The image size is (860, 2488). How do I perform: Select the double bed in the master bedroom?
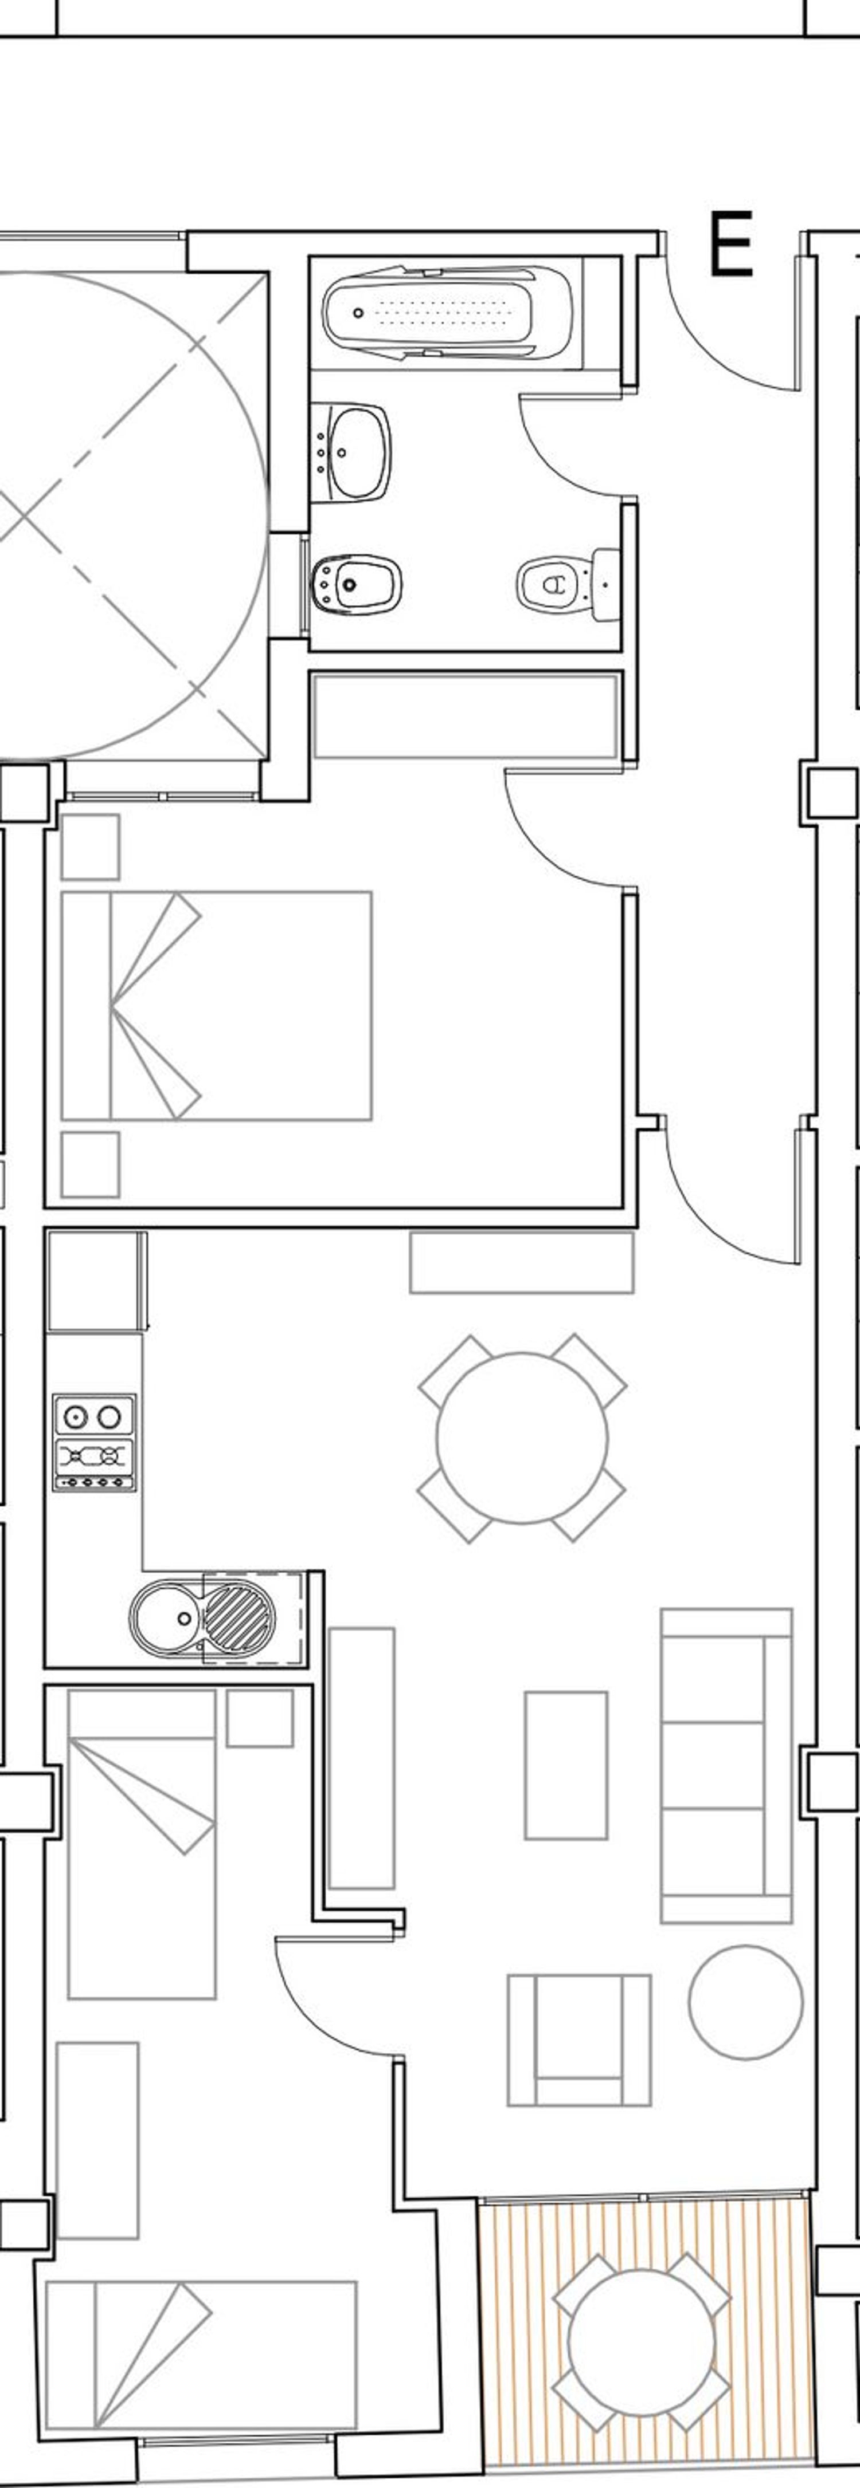[x=217, y=1005]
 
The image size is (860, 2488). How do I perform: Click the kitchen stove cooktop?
[x=93, y=1442]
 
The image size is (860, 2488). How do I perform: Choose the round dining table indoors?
[x=522, y=1438]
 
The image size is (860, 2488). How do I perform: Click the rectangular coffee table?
[x=566, y=1766]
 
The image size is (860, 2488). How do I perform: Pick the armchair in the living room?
[x=579, y=2040]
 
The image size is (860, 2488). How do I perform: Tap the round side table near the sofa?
[x=745, y=2002]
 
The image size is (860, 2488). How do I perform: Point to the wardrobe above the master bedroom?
[x=465, y=716]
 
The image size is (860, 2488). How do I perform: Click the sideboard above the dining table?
[x=522, y=1261]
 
